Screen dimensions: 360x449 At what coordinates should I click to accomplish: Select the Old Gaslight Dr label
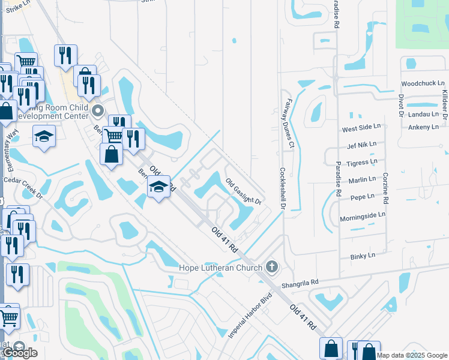(244, 191)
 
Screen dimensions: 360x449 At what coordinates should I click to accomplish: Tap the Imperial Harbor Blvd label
(250, 314)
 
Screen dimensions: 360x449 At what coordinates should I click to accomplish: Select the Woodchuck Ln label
(420, 83)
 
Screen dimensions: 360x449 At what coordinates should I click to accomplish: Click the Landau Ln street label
(423, 114)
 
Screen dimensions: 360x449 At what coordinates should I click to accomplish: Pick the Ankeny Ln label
(423, 127)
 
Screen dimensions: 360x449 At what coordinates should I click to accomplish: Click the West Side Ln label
(361, 129)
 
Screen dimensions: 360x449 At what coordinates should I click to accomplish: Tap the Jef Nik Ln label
(361, 145)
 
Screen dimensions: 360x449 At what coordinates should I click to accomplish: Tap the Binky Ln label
(362, 256)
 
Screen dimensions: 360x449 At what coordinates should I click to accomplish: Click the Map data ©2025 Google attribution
(412, 355)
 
